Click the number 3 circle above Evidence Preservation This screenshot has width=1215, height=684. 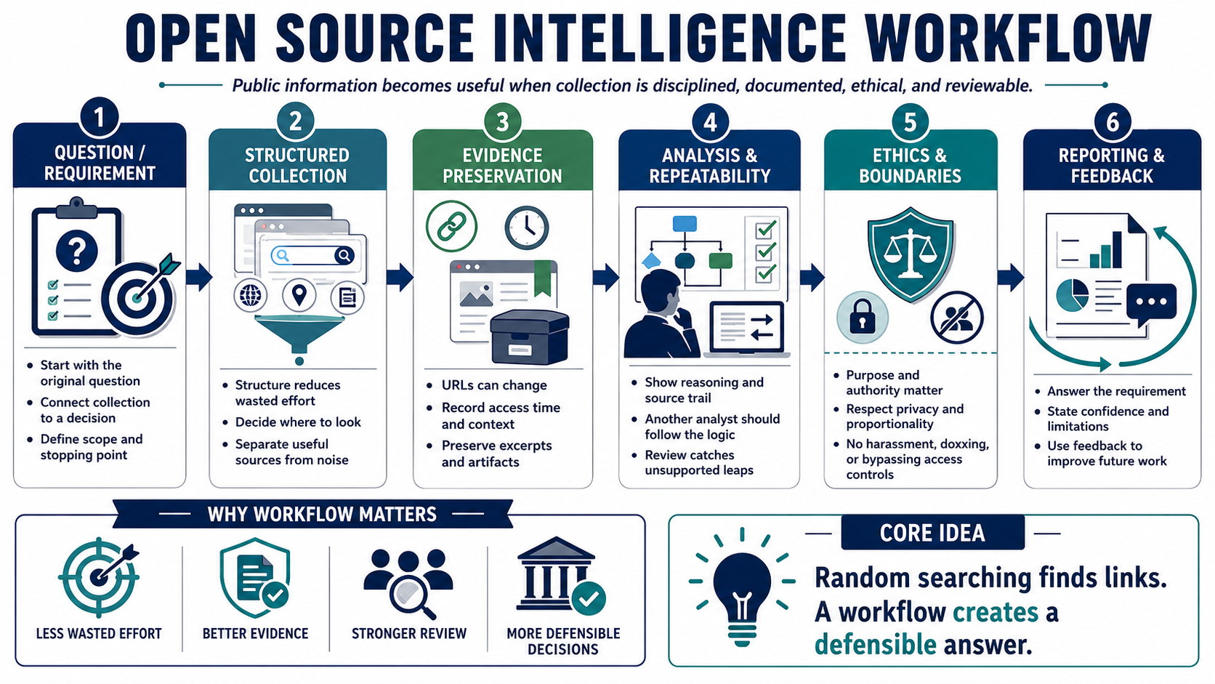[x=502, y=121]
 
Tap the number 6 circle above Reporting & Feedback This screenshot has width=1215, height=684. [x=1112, y=121]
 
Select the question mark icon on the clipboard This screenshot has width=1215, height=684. [x=77, y=251]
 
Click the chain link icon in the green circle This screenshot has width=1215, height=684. [x=451, y=226]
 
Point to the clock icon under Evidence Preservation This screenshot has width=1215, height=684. [x=526, y=228]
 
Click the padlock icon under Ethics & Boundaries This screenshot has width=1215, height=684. [x=863, y=318]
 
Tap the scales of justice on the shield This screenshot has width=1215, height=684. [x=911, y=252]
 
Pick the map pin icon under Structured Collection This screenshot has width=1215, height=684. [x=299, y=296]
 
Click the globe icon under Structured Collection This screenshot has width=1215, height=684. [x=250, y=296]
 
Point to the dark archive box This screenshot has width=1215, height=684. [x=530, y=337]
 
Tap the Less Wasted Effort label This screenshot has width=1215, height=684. [x=99, y=634]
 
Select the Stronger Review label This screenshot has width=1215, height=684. [x=409, y=634]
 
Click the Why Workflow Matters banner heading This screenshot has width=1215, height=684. [x=322, y=514]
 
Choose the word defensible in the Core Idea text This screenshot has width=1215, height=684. [x=876, y=645]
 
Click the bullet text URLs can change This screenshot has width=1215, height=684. [x=494, y=385]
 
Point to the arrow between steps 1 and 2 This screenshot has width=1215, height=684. [x=199, y=277]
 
